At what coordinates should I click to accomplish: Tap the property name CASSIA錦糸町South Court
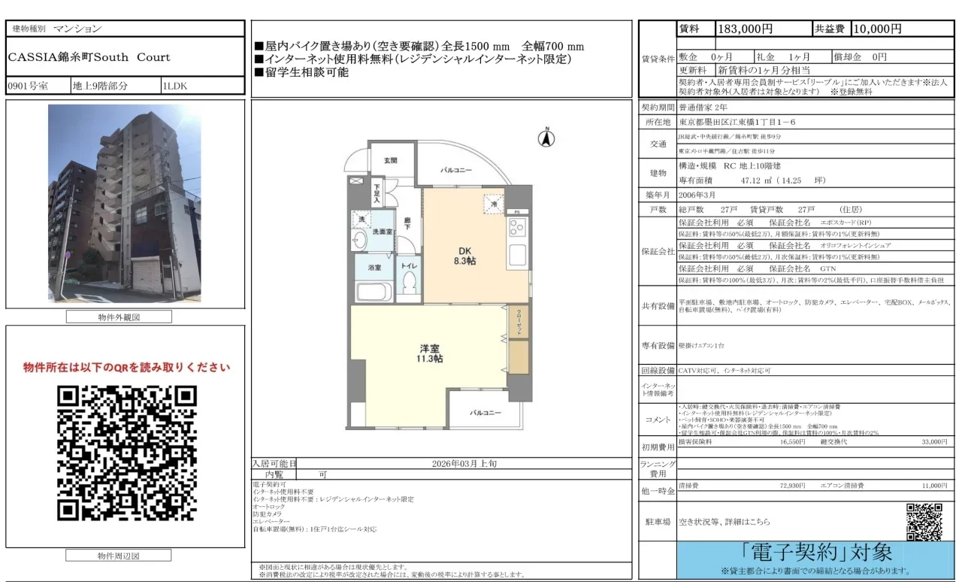point(89,57)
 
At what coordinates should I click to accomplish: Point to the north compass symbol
point(547,138)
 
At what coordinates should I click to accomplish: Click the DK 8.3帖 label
point(464,256)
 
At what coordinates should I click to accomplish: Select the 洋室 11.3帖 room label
point(430,353)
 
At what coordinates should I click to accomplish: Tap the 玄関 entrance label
point(391,161)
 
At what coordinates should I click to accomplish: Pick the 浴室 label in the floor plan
point(374,268)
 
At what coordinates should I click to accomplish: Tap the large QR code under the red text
point(126,453)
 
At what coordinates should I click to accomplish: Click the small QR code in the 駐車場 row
point(924,521)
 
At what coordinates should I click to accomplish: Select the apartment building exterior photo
point(125,203)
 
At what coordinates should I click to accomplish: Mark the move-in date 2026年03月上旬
point(464,464)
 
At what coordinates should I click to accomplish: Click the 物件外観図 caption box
point(119,317)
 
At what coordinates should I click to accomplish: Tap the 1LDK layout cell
point(174,86)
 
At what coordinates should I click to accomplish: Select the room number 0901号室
point(28,86)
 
